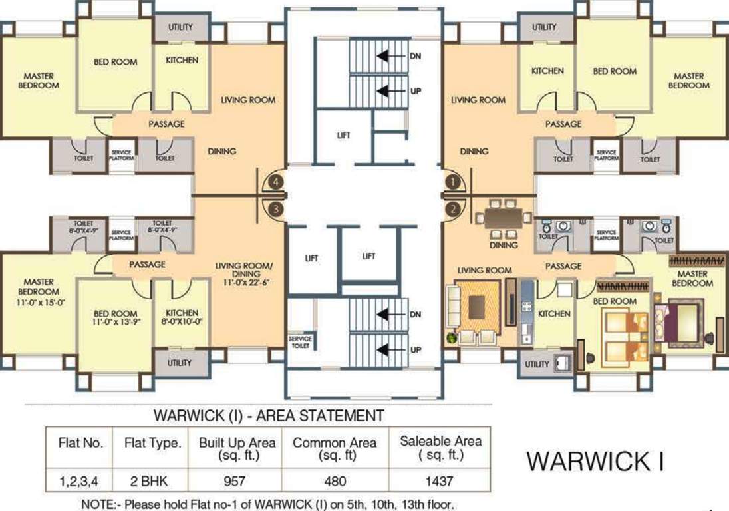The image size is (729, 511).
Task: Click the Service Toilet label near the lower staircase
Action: point(301,342)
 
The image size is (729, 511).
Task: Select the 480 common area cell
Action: point(335,480)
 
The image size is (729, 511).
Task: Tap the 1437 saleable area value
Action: point(440,480)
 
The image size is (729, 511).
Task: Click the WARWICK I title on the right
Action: point(595,461)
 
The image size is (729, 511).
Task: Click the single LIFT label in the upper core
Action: point(343,136)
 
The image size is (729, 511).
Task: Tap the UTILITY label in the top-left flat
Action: point(180,27)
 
